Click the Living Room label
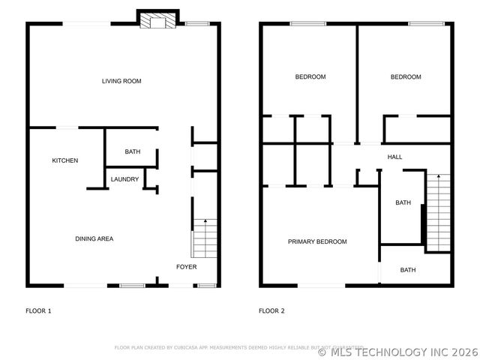[x=121, y=81]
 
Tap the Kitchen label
[x=64, y=160]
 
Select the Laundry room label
[x=124, y=179]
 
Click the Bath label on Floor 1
[x=133, y=152]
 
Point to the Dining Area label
[x=94, y=238]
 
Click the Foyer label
[x=187, y=267]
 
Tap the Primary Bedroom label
[x=317, y=241]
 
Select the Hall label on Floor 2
[x=394, y=157]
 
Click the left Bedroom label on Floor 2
[x=310, y=76]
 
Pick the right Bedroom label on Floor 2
[x=406, y=76]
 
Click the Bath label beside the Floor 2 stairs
[x=403, y=202]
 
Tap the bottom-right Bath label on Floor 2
[x=407, y=270]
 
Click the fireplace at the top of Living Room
[x=157, y=19]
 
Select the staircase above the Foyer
[x=205, y=238]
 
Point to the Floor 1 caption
[x=38, y=310]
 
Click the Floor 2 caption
[x=271, y=310]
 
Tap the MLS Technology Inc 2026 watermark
[x=397, y=350]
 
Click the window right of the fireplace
[x=197, y=24]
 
